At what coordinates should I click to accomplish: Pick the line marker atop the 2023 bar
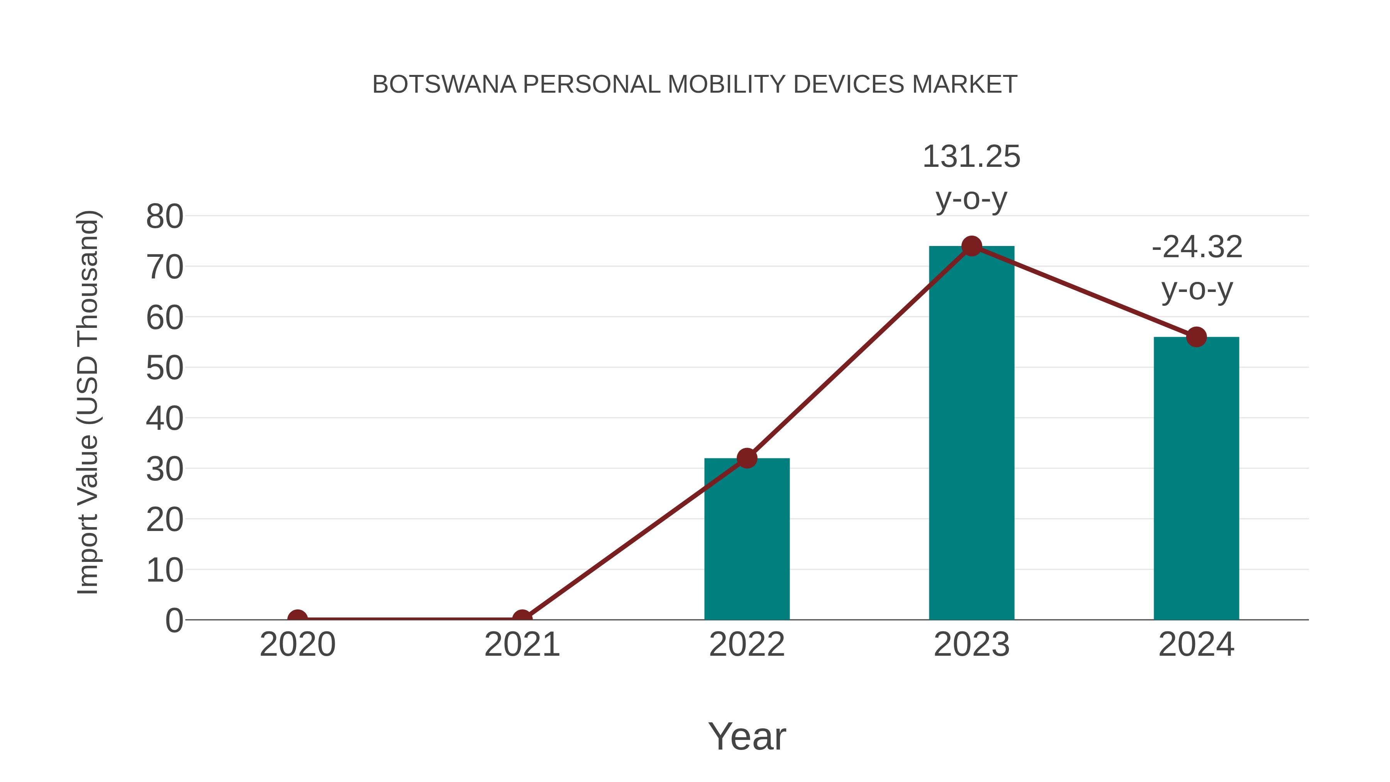pyautogui.click(x=971, y=246)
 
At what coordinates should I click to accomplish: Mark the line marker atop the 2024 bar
pyautogui.click(x=1196, y=337)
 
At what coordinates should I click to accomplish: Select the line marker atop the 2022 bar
pyautogui.click(x=747, y=458)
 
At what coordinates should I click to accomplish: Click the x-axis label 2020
pyautogui.click(x=297, y=645)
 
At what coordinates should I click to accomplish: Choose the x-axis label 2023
pyautogui.click(x=971, y=645)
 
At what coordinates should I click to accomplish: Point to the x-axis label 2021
pyautogui.click(x=522, y=645)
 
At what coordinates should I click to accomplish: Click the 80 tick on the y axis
pyautogui.click(x=164, y=217)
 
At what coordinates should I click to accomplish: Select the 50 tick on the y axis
pyautogui.click(x=164, y=369)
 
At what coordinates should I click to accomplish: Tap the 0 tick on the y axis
pyautogui.click(x=174, y=621)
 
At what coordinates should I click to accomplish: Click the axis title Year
pyautogui.click(x=747, y=737)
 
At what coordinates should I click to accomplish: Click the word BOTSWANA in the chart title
pyautogui.click(x=444, y=85)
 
